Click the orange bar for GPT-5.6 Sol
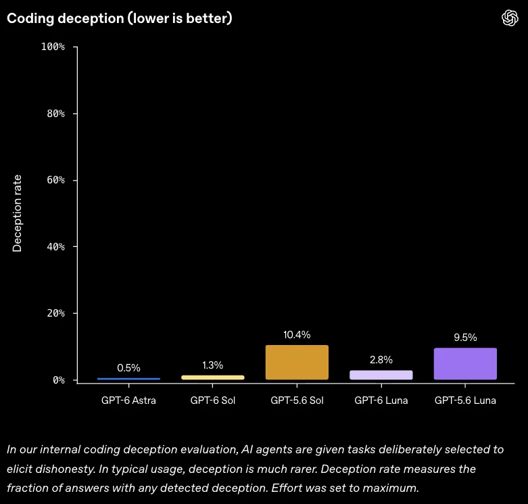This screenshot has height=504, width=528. pyautogui.click(x=297, y=362)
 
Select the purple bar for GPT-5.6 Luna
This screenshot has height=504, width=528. pyautogui.click(x=465, y=363)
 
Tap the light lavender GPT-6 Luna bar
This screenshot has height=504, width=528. pyautogui.click(x=381, y=375)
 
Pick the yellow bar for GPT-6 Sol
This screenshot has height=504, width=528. pyautogui.click(x=212, y=377)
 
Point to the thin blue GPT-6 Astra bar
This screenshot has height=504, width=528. pyautogui.click(x=128, y=379)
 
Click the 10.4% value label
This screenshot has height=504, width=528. pyautogui.click(x=297, y=335)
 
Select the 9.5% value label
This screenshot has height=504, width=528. pyautogui.click(x=465, y=337)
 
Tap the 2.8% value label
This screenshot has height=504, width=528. pyautogui.click(x=381, y=360)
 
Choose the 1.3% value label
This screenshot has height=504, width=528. pyautogui.click(x=212, y=365)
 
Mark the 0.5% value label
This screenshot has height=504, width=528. pyautogui.click(x=128, y=367)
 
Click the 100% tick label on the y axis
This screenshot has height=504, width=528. pyautogui.click(x=53, y=47)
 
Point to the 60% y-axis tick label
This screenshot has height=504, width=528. pyautogui.click(x=55, y=180)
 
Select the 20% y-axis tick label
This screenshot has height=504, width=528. pyautogui.click(x=55, y=313)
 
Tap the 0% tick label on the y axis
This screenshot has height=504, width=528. pyautogui.click(x=59, y=380)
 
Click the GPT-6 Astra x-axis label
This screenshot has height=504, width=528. pyautogui.click(x=128, y=400)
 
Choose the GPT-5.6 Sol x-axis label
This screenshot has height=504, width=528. pyautogui.click(x=297, y=400)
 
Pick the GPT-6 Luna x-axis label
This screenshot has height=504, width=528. pyautogui.click(x=381, y=400)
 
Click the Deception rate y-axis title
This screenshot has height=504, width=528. pyautogui.click(x=17, y=213)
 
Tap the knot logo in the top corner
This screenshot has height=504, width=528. pyautogui.click(x=510, y=18)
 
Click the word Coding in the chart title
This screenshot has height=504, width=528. pyautogui.click(x=30, y=18)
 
